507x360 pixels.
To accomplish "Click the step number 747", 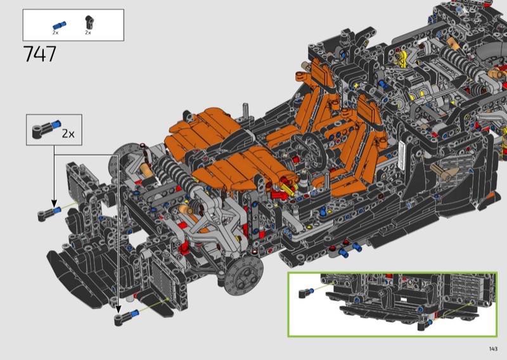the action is pyautogui.click(x=40, y=54).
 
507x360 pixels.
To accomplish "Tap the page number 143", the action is pyautogui.click(x=493, y=349).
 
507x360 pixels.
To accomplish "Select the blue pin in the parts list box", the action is pyautogui.click(x=59, y=25).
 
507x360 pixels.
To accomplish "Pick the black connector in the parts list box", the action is pyautogui.click(x=89, y=23).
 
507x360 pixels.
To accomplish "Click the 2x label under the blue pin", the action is pyautogui.click(x=56, y=33).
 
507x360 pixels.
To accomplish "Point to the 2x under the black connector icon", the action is pyautogui.click(x=88, y=33).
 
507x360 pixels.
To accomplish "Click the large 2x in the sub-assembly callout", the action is pyautogui.click(x=68, y=134).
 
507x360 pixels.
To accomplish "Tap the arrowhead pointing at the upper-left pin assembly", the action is pyautogui.click(x=54, y=204).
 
